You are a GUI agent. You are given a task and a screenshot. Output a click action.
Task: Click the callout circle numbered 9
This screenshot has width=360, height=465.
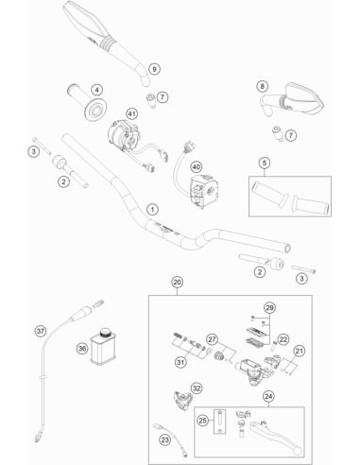[154, 69]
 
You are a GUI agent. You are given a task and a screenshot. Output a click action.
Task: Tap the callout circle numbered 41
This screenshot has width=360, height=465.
[132, 113]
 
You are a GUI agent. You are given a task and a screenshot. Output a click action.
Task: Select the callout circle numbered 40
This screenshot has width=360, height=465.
[197, 167]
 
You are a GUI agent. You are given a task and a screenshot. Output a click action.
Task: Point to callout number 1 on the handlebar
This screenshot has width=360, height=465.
[153, 210]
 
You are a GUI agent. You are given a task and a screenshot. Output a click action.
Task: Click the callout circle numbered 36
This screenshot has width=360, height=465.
[82, 349]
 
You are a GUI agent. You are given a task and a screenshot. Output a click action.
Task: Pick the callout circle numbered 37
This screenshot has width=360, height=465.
[41, 332]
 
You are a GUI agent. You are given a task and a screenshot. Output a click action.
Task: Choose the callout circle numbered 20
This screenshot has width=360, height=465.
[178, 282]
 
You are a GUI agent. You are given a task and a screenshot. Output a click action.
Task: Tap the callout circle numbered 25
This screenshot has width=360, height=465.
[203, 420]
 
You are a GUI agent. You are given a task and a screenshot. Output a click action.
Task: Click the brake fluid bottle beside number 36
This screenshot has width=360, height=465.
[103, 347]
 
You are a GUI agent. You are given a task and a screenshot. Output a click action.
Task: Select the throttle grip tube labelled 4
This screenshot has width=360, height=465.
[87, 101]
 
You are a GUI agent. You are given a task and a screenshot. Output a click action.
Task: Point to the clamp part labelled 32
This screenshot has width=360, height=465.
[183, 400]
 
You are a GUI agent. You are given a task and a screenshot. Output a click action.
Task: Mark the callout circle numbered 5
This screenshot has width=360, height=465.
[265, 163]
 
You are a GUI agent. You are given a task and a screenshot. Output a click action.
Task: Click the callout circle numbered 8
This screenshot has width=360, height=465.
[263, 86]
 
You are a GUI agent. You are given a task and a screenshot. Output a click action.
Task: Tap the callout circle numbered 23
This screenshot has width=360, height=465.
[165, 439]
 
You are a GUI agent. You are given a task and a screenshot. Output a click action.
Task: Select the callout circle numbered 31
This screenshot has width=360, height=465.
[180, 362]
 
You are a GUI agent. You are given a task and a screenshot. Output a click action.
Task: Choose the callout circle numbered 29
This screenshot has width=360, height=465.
[269, 307]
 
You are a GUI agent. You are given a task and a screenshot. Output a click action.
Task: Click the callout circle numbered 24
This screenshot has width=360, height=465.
[268, 396]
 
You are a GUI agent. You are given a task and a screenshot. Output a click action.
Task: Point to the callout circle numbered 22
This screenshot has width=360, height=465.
[283, 339]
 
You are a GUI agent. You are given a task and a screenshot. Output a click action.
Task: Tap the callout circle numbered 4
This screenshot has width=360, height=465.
[97, 90]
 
